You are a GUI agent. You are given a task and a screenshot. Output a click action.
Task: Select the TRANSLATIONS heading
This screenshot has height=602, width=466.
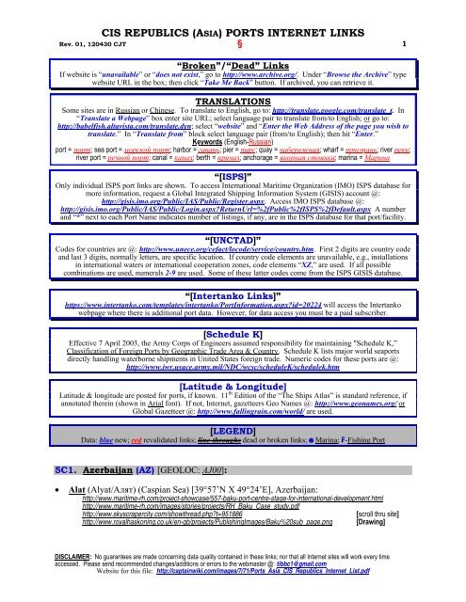tap(233, 99)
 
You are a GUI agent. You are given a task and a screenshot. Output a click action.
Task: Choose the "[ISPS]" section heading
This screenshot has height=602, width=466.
tap(233, 176)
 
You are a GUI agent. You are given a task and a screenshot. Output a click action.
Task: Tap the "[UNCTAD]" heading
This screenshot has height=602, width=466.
tap(233, 239)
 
